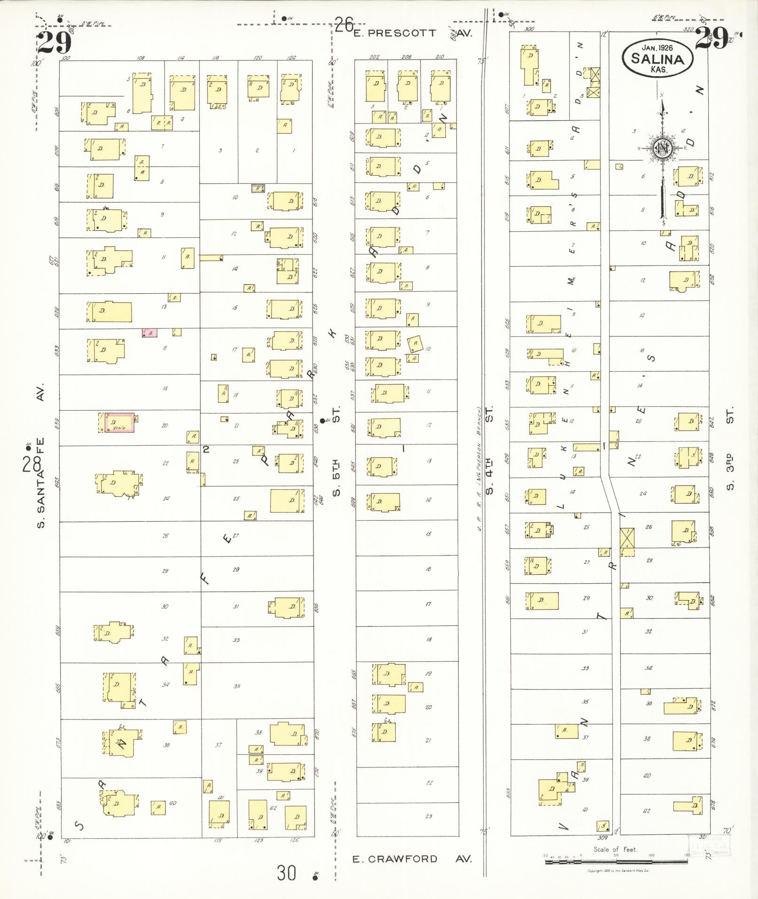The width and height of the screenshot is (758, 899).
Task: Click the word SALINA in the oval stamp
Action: tap(657, 59)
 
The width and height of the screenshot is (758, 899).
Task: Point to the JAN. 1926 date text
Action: tap(656, 47)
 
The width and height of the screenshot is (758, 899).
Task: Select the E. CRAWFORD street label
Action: tap(395, 859)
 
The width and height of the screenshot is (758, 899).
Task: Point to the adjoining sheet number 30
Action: tap(286, 873)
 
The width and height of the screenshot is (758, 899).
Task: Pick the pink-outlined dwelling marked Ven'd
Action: tap(119, 423)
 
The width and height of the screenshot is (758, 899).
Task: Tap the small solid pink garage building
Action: tap(150, 333)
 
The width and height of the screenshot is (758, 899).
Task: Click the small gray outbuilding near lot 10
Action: tap(258, 188)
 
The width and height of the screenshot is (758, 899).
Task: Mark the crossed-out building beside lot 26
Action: tap(627, 538)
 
